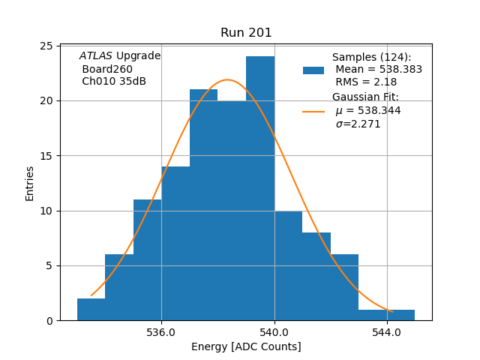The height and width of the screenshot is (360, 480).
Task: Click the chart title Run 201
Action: tap(246, 33)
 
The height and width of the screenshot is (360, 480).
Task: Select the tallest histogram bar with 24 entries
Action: tap(260, 188)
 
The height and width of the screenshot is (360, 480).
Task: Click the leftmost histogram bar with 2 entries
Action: tap(91, 309)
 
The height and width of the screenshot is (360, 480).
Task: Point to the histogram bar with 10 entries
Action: tap(288, 265)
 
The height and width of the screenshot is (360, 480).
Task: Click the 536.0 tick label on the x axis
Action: tap(161, 333)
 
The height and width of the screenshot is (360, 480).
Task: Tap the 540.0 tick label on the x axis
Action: tap(274, 333)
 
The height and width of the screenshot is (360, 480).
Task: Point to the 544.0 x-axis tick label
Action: tap(387, 333)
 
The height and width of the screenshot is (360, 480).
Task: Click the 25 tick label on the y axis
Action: tap(46, 46)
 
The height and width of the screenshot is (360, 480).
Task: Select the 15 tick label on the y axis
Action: tap(46, 156)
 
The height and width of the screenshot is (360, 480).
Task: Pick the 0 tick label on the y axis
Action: tap(49, 321)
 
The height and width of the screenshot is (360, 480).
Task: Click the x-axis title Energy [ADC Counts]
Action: tap(246, 346)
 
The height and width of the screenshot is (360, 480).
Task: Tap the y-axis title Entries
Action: tap(30, 183)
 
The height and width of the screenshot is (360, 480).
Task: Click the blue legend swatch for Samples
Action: tap(313, 70)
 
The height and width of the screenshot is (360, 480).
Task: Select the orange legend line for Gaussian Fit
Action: tap(313, 111)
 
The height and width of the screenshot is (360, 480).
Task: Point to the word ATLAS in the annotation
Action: tap(95, 56)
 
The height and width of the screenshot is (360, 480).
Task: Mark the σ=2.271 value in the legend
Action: tap(358, 124)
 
